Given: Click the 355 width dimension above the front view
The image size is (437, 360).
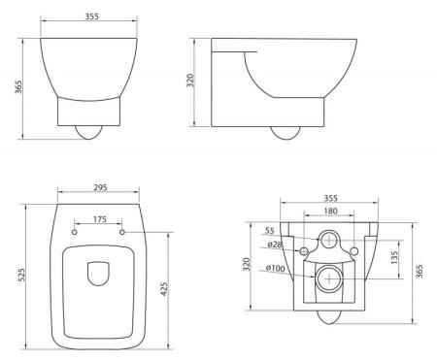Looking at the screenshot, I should pos(95,16).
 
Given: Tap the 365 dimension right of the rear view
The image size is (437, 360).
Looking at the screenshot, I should pos(419,273).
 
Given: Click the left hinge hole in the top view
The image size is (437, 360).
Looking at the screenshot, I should pos(75,232).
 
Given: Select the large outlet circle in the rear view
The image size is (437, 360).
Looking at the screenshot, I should pos(329,279).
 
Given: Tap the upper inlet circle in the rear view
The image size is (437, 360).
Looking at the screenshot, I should pos(329,238).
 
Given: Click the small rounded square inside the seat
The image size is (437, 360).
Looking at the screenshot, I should pos(98,276).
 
